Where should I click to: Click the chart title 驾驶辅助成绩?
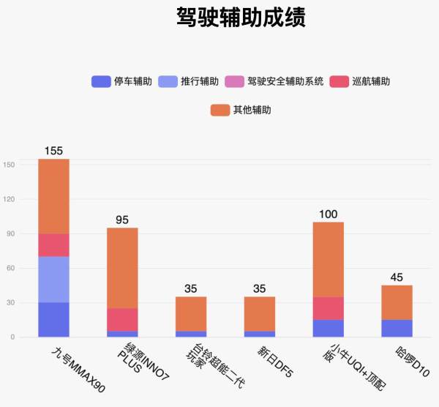pyautogui.click(x=241, y=18)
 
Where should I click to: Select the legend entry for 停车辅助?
pyautogui.click(x=121, y=81)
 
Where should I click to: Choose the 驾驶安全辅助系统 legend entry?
pyautogui.click(x=275, y=81)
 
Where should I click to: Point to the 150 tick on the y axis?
pyautogui.click(x=10, y=165)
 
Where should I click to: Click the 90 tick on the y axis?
pyautogui.click(x=11, y=234)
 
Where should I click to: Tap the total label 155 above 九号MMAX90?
pyautogui.click(x=53, y=151)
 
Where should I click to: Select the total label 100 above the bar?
pyautogui.click(x=329, y=214)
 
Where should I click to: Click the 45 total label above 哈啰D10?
pyautogui.click(x=397, y=277)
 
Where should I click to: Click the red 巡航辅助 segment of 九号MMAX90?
pyautogui.click(x=53, y=245)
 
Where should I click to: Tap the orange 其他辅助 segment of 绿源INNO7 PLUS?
pyautogui.click(x=122, y=268)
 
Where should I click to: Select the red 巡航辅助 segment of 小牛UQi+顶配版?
pyautogui.click(x=329, y=308)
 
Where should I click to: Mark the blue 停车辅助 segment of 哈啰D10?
pyautogui.click(x=397, y=329)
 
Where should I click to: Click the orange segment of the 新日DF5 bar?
pyautogui.click(x=260, y=314)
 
